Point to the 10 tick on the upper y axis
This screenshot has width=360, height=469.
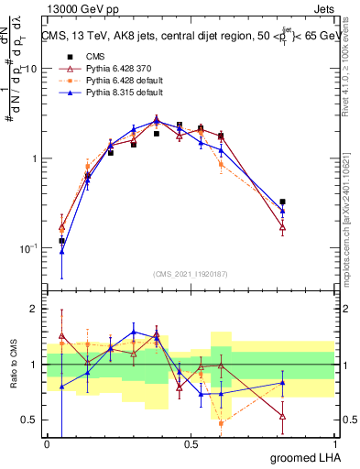tap(31, 70)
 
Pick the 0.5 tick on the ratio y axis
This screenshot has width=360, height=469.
tap(31, 420)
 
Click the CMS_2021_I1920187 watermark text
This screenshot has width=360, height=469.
tap(191, 274)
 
